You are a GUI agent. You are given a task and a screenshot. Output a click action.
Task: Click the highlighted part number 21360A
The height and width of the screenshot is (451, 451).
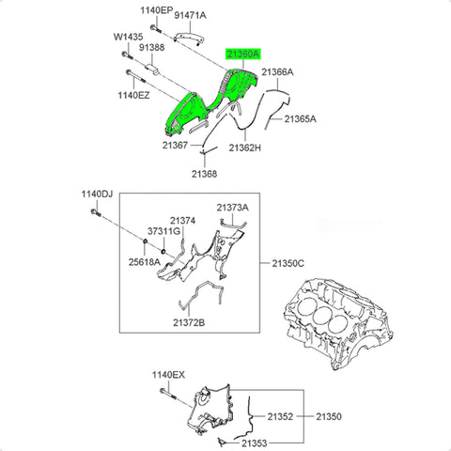pos(243,54)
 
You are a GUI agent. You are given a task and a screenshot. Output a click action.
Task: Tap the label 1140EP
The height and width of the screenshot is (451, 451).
pos(156,10)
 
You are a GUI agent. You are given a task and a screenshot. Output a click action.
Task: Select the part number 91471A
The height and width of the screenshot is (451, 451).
pos(190,15)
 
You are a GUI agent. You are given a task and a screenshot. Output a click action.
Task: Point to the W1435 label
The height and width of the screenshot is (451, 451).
pos(128,37)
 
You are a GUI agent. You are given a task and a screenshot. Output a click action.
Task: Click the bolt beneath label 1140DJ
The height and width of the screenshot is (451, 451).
pos(95,212)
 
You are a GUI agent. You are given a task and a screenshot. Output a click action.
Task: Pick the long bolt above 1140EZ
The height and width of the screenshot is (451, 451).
pos(136,76)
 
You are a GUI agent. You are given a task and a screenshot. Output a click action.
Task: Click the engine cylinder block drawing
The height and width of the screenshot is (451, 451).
pos(338,323)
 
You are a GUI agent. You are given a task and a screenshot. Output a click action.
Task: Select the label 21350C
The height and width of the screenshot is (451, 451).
pos(288,263)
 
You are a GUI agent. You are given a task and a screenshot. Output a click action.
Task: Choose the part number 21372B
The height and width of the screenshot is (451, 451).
pos(189,322)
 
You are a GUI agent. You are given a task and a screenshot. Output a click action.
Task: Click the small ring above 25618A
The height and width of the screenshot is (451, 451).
pos(145,241)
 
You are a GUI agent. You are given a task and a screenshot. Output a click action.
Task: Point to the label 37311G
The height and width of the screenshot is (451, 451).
pos(163,231)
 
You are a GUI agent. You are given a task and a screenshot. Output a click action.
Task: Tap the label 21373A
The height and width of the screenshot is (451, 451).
pos(233,208)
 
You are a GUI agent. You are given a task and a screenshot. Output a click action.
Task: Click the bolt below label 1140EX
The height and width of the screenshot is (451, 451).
pos(168,394)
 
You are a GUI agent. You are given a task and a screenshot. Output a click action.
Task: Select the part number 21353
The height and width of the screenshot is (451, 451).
pos(254,443)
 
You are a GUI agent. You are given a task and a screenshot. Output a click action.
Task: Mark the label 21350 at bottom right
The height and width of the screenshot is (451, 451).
pos(329,416)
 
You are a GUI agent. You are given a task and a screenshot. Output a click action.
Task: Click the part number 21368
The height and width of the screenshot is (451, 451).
pos(204,174)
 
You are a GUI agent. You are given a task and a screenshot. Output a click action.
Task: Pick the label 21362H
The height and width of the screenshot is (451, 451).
pos(244,148)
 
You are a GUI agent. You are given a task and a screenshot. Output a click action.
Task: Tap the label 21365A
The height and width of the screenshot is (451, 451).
pos(300,119)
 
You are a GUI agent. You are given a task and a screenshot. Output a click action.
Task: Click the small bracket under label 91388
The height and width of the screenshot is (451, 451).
pos(152,70)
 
